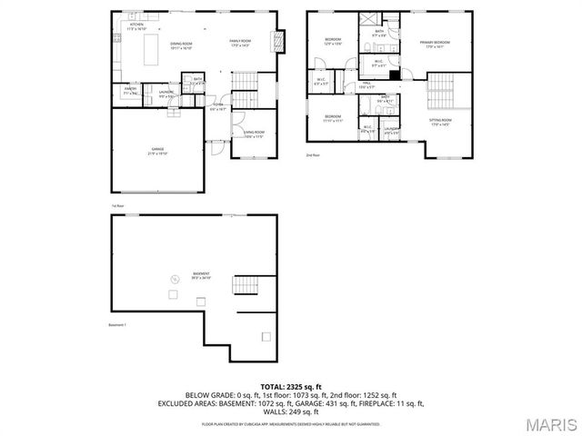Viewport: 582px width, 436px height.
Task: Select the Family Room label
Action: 240,42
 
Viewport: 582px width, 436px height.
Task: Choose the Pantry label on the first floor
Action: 130,91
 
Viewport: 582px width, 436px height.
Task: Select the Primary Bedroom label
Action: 434,42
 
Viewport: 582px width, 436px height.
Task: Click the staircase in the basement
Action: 246,286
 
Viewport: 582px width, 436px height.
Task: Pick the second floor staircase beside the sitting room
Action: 439,90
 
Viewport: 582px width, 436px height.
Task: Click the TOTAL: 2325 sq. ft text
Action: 291,387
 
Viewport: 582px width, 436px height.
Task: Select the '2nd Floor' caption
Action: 314,155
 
